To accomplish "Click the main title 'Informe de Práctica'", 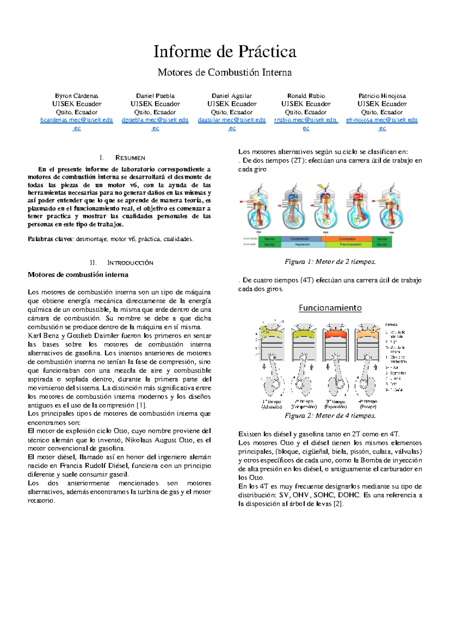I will pos(225,52).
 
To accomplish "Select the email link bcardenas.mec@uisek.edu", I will pos(76,120).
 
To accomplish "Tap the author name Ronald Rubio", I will pos(306,96).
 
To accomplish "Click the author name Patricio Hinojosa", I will pos(382,96).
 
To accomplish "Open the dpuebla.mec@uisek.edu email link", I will pos(155,120).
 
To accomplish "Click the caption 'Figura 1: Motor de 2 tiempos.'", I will pos(330,262).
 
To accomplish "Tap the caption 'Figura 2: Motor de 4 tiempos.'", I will pos(330,415).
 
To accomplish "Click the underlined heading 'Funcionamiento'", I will pos(330,308).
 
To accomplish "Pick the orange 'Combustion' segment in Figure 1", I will pos(347,239).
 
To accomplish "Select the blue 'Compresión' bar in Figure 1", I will pos(300,239).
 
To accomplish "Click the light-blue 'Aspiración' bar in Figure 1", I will pos(302,244).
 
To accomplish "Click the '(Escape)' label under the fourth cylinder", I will pos(367,407).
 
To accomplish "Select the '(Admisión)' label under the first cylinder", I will pos(272,407).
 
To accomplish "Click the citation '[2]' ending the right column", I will pos(338,504).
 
